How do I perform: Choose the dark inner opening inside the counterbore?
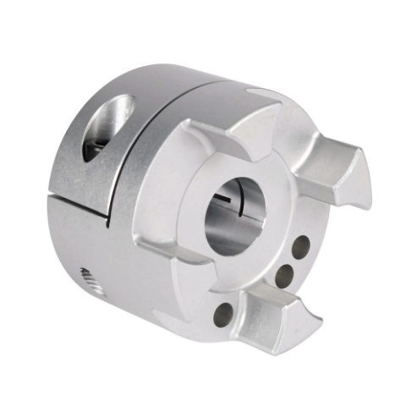coord(96,144)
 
